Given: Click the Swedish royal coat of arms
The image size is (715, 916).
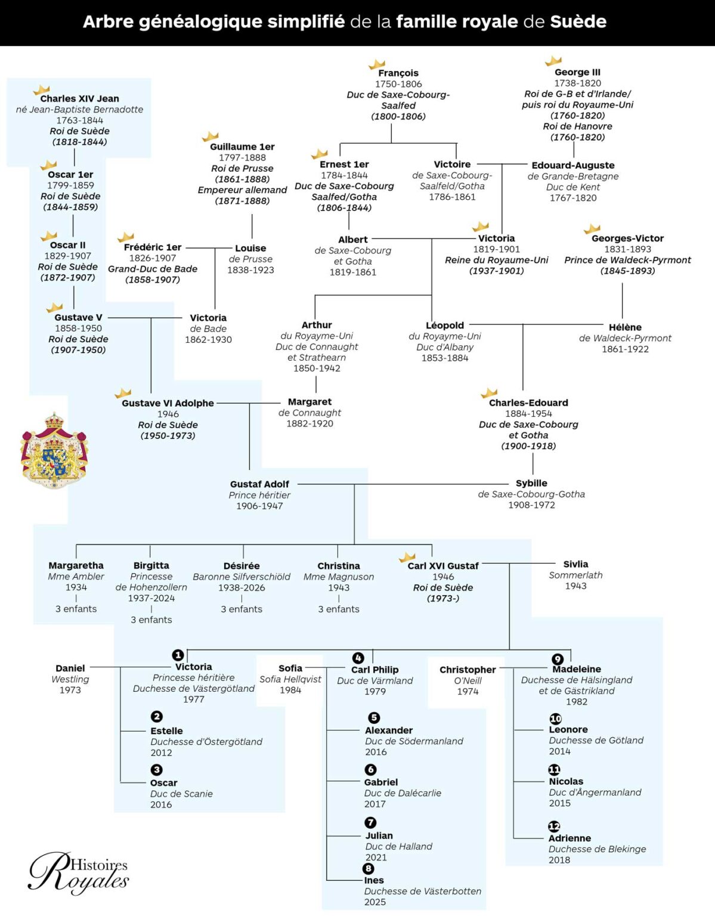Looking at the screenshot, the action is click(54, 450).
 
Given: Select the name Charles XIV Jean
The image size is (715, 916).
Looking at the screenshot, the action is click(80, 98).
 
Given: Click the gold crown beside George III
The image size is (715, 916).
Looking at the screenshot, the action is click(553, 61).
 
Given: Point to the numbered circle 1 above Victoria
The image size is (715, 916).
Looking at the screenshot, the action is click(178, 655).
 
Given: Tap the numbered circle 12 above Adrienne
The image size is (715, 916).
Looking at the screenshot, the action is click(554, 826).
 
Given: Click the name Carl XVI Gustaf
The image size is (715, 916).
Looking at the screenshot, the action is click(443, 566).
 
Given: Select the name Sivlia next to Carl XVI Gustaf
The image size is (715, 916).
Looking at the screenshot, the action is click(575, 564).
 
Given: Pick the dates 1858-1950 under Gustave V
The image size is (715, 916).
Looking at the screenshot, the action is click(78, 328).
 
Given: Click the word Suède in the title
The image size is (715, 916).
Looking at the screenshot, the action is click(578, 21).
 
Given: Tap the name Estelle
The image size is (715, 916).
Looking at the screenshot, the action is click(167, 731).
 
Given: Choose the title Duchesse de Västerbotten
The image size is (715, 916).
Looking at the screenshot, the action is click(423, 891).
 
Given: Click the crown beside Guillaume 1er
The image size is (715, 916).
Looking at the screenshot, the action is click(210, 136).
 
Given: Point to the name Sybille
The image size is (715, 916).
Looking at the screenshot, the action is click(531, 483).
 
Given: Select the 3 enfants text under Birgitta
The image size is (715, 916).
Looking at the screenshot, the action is click(151, 619).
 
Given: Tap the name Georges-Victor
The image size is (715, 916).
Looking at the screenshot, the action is click(627, 238).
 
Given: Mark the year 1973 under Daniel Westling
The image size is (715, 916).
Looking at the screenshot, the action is click(70, 689).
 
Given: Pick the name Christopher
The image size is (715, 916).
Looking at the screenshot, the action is click(468, 669).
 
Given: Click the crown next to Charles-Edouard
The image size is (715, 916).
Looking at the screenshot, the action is click(489, 393).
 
